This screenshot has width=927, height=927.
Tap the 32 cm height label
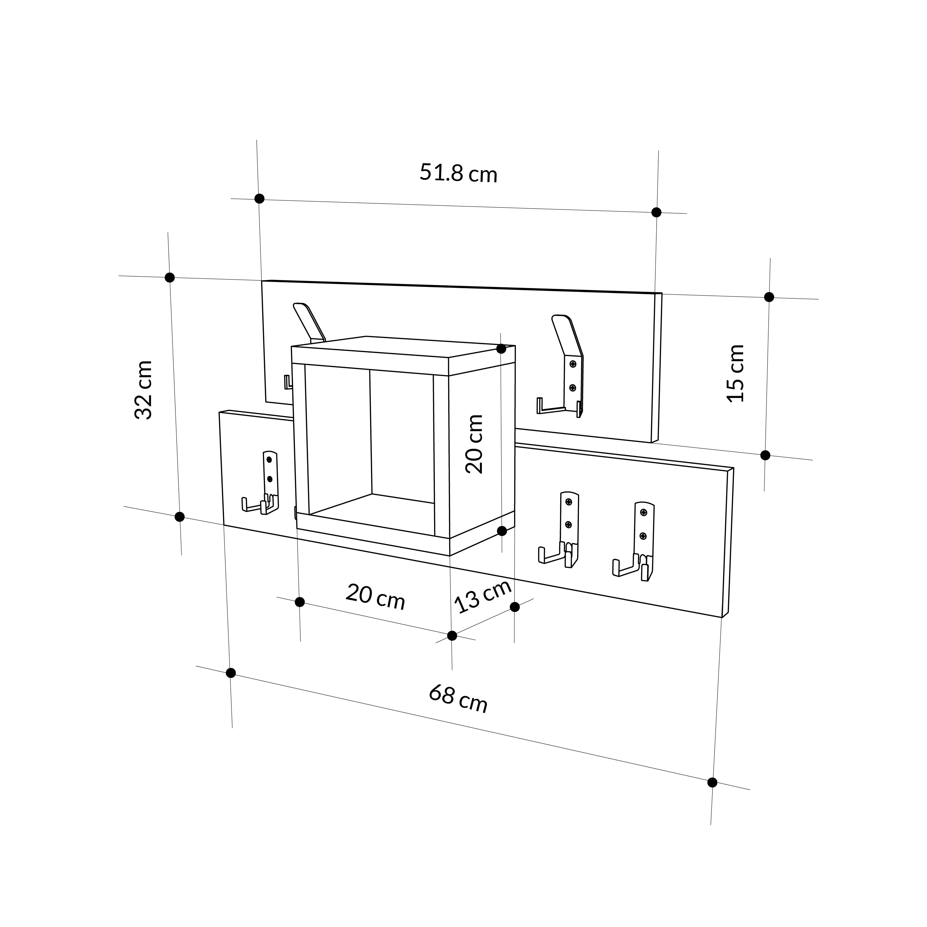143,390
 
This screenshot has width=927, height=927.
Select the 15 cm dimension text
735,373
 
